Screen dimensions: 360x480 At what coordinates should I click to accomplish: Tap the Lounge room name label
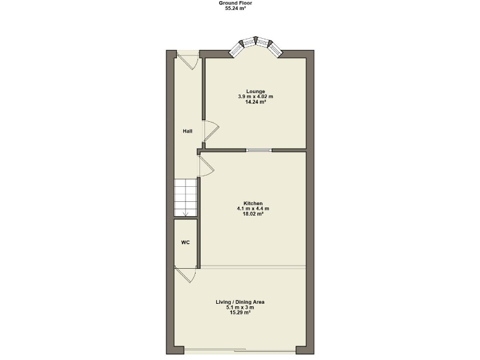click(256, 91)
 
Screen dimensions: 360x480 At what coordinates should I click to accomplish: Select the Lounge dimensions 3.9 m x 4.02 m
click(256, 96)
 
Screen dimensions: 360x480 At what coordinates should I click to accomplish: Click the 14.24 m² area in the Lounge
click(256, 101)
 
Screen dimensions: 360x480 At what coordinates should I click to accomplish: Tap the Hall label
click(187, 131)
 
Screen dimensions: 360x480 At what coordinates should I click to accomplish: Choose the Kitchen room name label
click(253, 203)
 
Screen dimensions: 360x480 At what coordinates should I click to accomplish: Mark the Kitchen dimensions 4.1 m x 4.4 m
click(253, 208)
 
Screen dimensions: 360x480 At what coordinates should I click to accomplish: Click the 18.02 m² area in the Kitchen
click(253, 213)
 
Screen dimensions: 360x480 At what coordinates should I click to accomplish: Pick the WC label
click(186, 242)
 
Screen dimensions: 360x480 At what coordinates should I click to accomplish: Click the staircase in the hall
click(186, 197)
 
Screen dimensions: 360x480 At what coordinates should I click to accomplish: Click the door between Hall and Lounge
click(211, 131)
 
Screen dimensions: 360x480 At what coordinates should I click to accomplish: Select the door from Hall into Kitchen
click(206, 166)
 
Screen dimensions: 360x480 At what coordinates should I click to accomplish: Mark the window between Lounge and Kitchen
click(259, 150)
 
